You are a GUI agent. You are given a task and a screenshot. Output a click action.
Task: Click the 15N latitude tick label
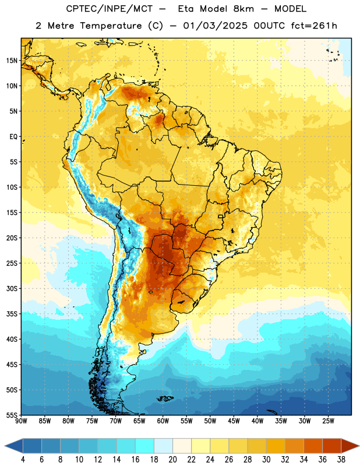point(12,61)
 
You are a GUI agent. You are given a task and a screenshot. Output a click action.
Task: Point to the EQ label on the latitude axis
point(13,137)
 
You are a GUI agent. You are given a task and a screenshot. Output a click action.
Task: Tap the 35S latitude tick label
point(12,314)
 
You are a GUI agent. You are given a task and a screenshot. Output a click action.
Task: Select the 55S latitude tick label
point(12,415)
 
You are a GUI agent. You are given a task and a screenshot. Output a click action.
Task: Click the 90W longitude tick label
point(21,421)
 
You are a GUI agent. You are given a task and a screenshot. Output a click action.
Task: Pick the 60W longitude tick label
point(163,421)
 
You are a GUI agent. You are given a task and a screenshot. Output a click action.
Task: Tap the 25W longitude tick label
point(328,421)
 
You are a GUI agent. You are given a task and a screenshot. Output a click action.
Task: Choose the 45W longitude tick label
point(234,421)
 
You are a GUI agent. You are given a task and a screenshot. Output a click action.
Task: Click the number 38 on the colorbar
point(341,460)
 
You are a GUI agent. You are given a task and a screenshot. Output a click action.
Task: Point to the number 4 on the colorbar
point(23,460)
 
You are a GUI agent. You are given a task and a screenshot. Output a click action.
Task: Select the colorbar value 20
point(172,460)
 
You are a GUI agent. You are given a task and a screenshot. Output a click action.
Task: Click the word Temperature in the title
point(111,26)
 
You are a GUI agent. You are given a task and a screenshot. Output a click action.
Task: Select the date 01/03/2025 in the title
point(215,26)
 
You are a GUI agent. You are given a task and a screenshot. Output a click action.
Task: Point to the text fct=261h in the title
point(314,26)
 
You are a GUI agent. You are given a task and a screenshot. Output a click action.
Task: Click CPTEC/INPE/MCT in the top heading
point(109,9)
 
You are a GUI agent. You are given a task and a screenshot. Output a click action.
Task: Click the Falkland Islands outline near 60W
point(165,398)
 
